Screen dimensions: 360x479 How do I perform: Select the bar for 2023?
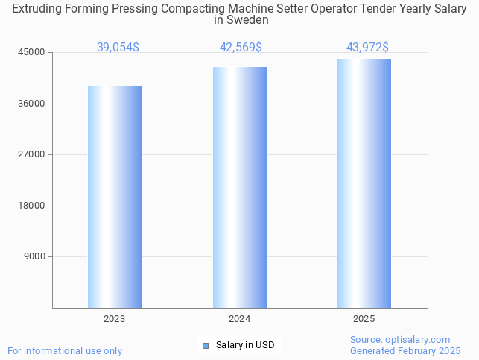[114, 197]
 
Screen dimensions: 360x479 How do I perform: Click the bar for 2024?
[239, 187]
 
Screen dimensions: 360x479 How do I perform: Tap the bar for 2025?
[364, 183]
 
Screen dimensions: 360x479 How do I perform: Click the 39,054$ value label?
[118, 47]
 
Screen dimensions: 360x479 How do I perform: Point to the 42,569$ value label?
[241, 47]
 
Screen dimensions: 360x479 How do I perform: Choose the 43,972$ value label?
[367, 47]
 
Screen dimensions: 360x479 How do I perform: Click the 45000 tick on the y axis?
[32, 52]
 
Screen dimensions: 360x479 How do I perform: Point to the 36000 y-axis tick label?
[32, 104]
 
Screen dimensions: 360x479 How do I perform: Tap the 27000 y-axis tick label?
[32, 154]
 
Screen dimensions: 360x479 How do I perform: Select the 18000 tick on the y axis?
[32, 206]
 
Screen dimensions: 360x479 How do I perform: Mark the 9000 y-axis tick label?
[34, 256]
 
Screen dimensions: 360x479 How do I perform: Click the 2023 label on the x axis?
[114, 319]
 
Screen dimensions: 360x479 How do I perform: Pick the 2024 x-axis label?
[239, 319]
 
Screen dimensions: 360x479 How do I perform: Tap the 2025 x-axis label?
[364, 319]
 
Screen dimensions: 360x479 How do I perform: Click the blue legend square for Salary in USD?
[206, 345]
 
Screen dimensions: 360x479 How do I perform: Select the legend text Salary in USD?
[245, 345]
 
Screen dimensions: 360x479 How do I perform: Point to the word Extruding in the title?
[37, 9]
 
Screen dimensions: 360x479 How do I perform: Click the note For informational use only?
[65, 350]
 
